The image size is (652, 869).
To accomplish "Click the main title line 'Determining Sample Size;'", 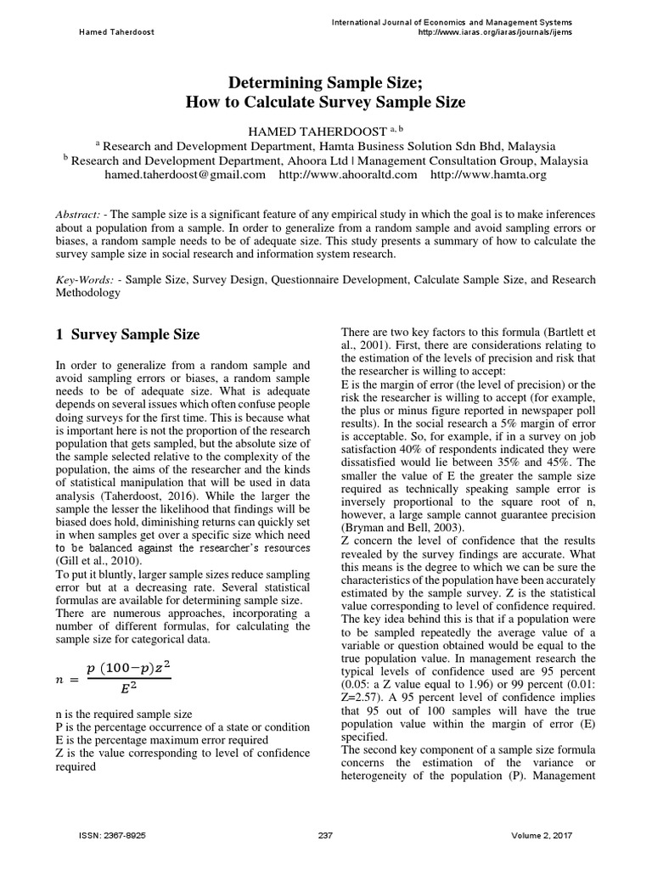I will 325,82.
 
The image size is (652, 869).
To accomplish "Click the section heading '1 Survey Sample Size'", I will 127,334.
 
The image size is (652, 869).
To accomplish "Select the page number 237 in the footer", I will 325,836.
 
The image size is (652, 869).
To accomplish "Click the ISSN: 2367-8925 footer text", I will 112,836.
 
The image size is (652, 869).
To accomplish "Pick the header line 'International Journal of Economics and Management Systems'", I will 452,21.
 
